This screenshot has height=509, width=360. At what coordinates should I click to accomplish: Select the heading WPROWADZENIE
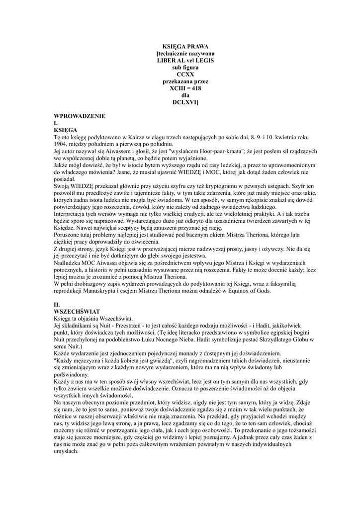(x=80, y=116)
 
